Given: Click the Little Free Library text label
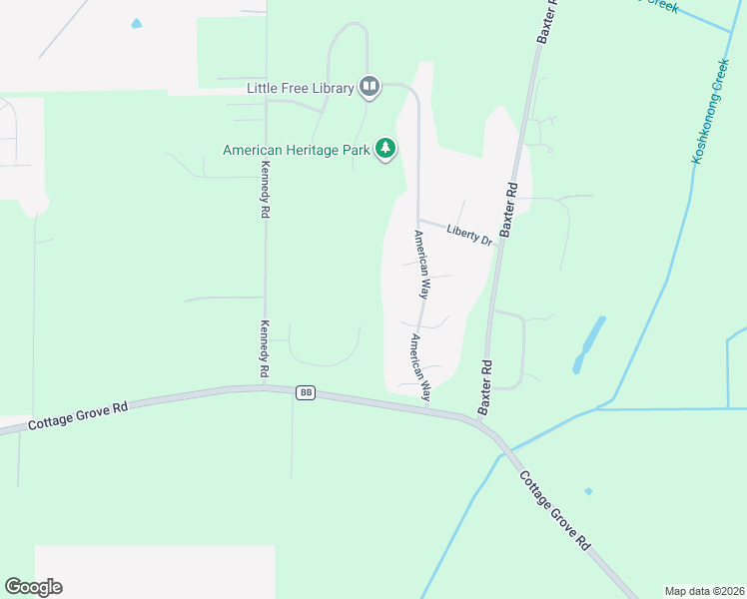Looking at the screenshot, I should [x=301, y=88].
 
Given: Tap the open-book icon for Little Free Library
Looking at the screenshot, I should [x=370, y=87].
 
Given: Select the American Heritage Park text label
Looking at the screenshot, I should [x=296, y=150].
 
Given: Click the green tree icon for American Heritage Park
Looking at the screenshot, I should [x=384, y=150].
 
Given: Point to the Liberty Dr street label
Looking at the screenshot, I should [x=469, y=235].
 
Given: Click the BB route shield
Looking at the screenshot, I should [x=306, y=393].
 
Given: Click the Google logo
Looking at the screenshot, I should [x=33, y=587].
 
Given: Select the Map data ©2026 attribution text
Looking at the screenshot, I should [x=704, y=590].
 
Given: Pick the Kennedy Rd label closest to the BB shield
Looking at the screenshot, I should [x=265, y=348].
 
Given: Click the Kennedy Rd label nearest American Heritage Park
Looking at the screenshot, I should [x=266, y=190].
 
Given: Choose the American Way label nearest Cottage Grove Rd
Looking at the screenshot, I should [x=417, y=362].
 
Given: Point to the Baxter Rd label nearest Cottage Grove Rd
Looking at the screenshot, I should [x=486, y=387].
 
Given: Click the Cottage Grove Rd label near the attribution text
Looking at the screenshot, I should [x=555, y=509].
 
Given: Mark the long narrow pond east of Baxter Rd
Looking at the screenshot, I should [x=589, y=344].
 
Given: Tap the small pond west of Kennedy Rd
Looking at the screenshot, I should [x=137, y=23].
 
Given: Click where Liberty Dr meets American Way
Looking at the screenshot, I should [x=417, y=220].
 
